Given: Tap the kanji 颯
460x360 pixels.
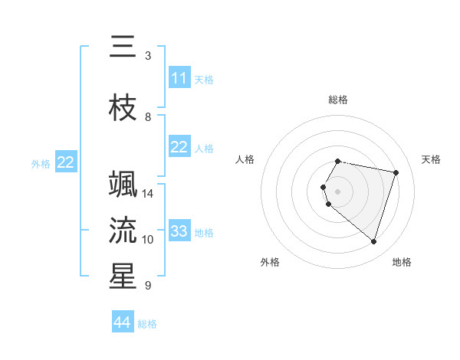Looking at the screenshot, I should click(123, 185).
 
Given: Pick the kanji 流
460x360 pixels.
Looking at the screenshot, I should click(123, 230).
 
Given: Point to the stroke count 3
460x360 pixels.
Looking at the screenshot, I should click(147, 56).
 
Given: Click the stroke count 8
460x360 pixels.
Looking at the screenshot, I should click(147, 117).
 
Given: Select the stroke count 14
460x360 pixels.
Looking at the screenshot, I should click(148, 194).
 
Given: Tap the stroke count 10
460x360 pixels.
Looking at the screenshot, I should click(148, 240).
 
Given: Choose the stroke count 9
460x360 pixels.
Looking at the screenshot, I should click(147, 286).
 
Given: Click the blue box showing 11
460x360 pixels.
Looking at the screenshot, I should click(179, 78).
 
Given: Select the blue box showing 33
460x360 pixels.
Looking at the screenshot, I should click(179, 231).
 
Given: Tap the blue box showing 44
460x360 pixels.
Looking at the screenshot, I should click(123, 322).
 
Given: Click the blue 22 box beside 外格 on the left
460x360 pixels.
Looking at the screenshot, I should click(66, 162).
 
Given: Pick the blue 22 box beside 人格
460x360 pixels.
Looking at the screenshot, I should click(179, 147).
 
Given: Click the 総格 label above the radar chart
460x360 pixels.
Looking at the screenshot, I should click(338, 100).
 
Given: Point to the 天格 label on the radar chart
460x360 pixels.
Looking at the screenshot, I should click(432, 159).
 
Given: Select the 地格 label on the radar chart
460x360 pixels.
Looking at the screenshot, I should click(402, 262).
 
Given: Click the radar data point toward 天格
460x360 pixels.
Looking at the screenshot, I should click(396, 172).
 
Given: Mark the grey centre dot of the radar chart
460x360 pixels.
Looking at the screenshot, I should click(338, 191).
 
